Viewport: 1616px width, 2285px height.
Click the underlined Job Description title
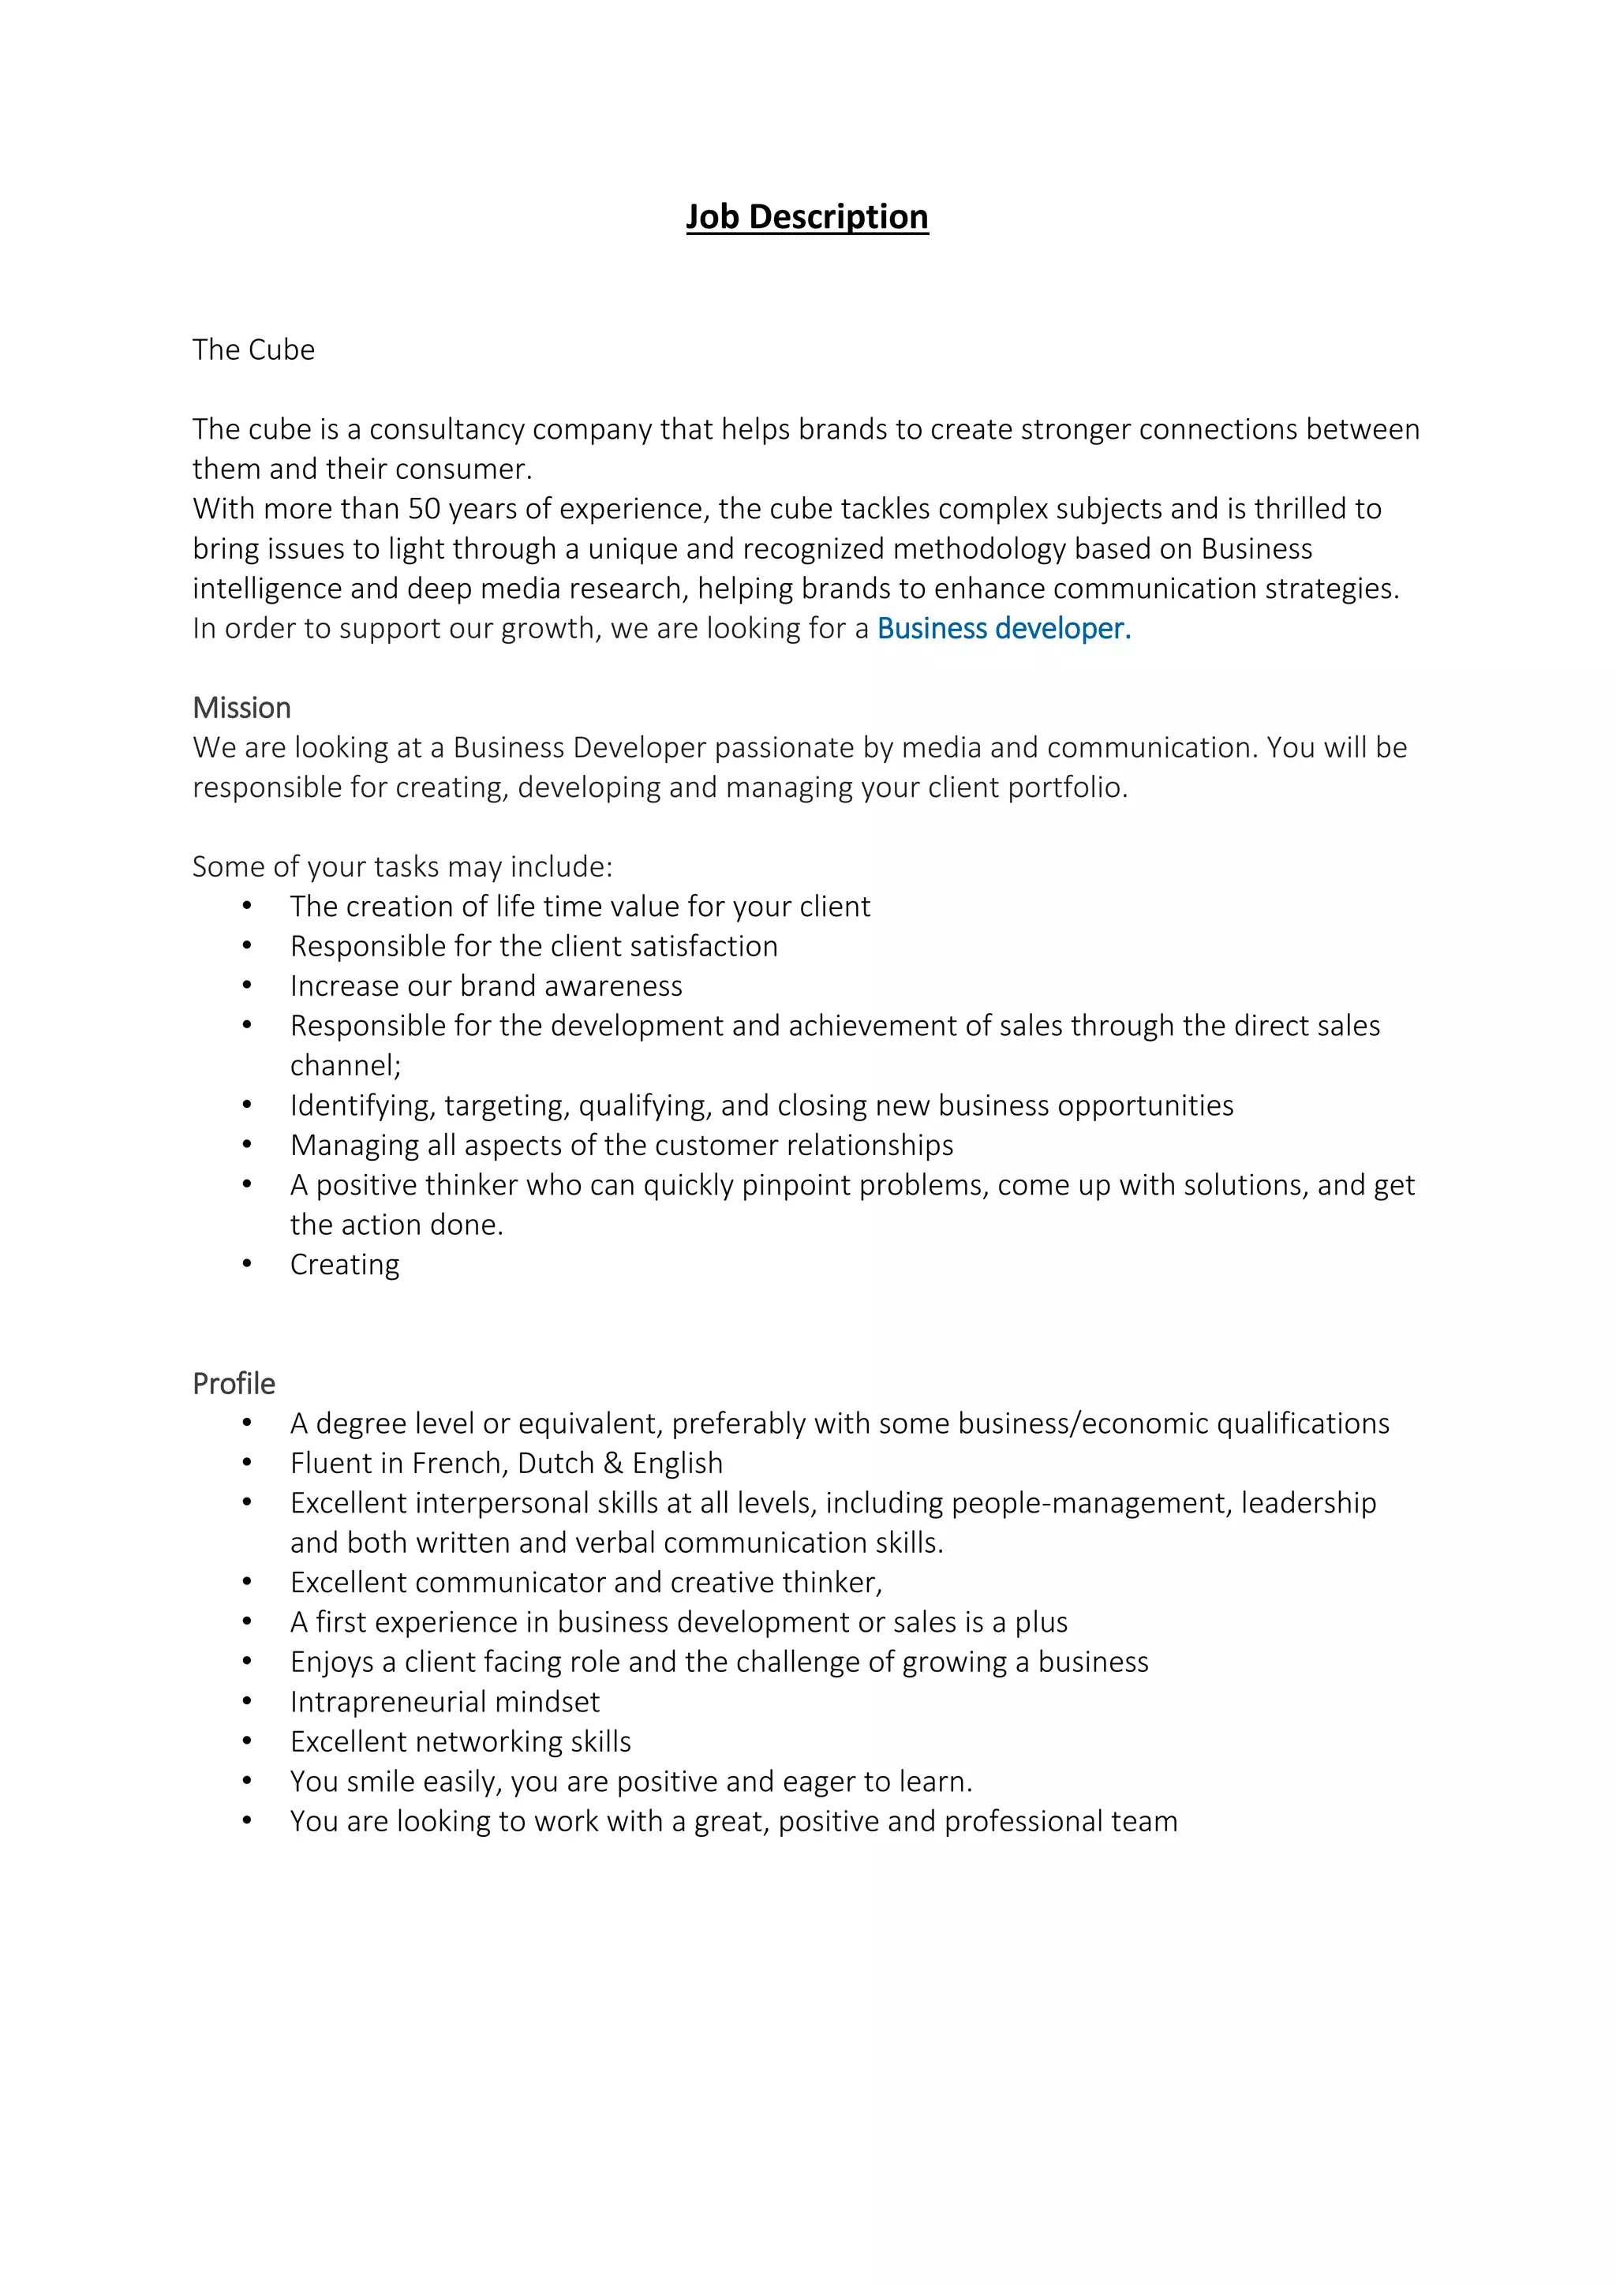[807, 217]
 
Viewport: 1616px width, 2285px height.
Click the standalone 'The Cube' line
[254, 350]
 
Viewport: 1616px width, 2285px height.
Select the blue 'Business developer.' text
[1003, 628]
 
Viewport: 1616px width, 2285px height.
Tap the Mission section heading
[241, 708]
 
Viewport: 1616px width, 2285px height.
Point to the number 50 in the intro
[424, 509]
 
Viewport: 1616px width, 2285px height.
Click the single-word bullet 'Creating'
[344, 1264]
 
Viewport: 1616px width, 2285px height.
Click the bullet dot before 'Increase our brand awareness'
[247, 985]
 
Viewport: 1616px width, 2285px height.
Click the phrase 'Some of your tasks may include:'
[402, 867]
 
